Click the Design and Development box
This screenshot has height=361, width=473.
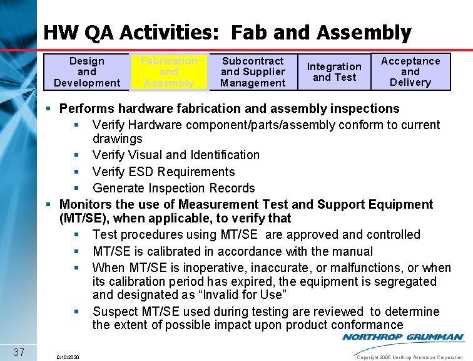point(87,71)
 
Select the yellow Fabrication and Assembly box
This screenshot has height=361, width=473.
point(169,71)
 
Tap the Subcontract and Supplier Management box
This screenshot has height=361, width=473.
point(253,71)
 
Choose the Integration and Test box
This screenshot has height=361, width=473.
point(334,72)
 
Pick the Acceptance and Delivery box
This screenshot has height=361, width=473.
point(410,71)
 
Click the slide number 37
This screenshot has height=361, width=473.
point(18,352)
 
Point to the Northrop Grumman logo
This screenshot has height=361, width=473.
point(403,338)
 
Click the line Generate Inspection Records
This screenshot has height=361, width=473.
point(173,188)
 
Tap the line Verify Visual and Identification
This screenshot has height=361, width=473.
point(176,155)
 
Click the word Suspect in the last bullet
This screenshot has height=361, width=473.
point(114,311)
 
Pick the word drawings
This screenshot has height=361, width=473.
point(118,139)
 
